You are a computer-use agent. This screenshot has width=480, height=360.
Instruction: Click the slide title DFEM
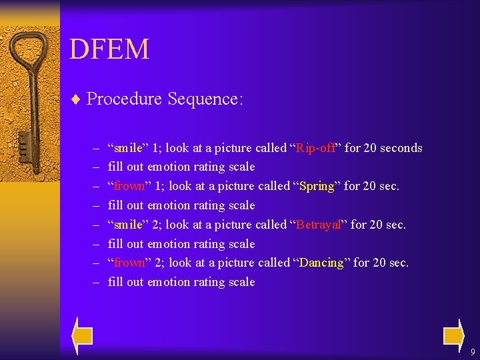tap(109, 49)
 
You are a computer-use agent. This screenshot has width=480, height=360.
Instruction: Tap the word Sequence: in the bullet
tap(205, 99)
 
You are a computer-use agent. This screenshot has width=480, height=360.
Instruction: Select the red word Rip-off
tap(316, 148)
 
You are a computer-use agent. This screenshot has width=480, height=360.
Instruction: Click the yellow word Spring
tap(317, 186)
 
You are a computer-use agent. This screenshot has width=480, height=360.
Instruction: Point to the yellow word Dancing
tap(321, 263)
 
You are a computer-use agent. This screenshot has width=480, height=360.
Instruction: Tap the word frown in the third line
tap(129, 186)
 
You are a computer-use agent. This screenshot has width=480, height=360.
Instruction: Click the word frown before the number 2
tap(129, 263)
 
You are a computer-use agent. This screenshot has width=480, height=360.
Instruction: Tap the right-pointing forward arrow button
tap(453, 335)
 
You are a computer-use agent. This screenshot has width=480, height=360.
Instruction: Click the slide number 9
tap(472, 352)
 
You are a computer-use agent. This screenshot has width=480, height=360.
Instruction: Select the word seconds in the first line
tap(401, 148)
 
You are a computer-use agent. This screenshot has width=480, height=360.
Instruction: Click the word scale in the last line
tap(241, 282)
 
